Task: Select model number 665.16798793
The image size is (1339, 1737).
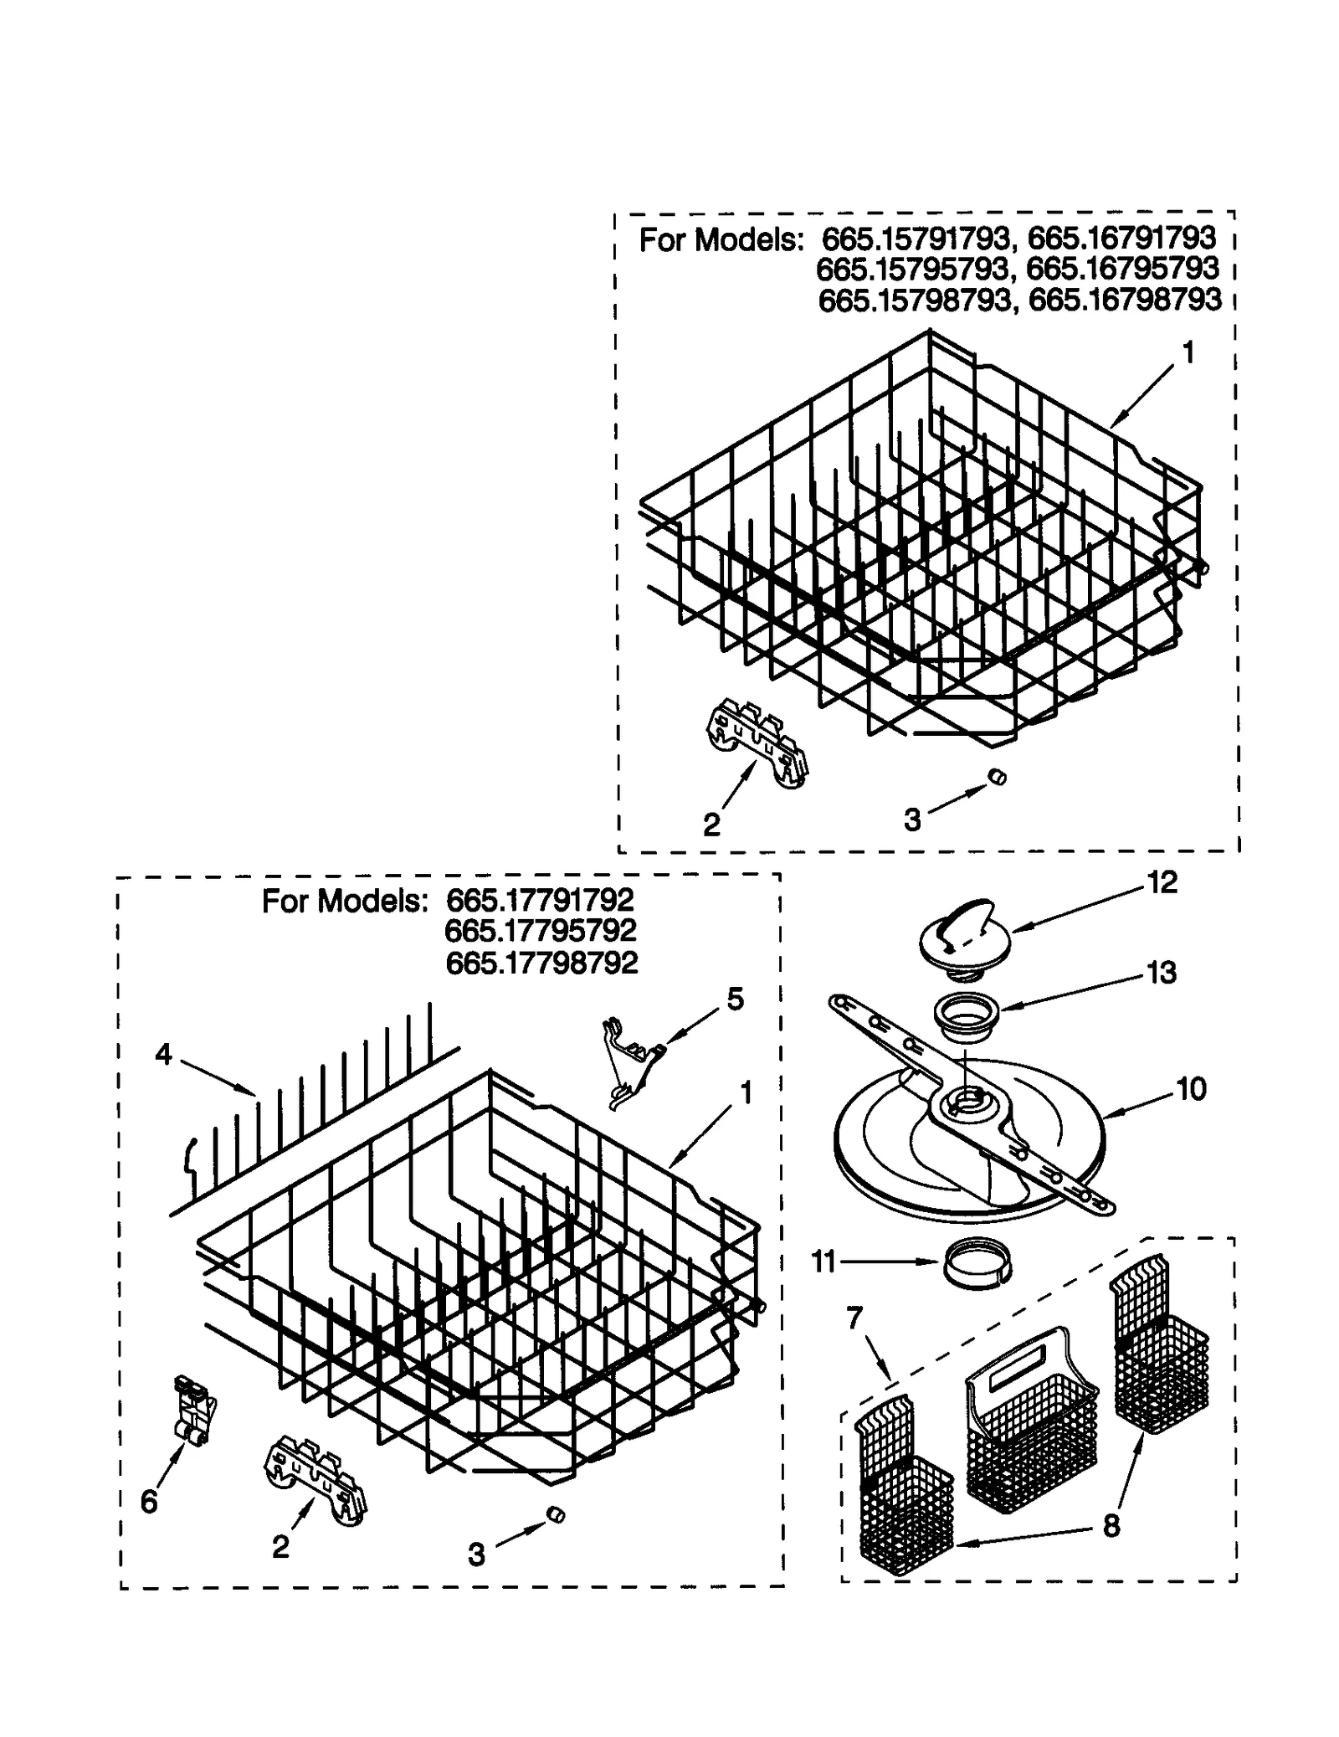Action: pyautogui.click(x=1124, y=300)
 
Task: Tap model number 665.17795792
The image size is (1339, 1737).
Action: pyautogui.click(x=540, y=930)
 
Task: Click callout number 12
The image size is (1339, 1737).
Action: pyautogui.click(x=1162, y=881)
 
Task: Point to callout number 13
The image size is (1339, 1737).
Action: pyautogui.click(x=1162, y=972)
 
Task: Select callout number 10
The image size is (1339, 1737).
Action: pyautogui.click(x=1191, y=1088)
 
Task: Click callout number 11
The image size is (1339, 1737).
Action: pyautogui.click(x=823, y=1261)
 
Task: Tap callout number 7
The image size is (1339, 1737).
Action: pyautogui.click(x=854, y=1318)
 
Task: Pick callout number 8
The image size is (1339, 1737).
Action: pyautogui.click(x=1111, y=1525)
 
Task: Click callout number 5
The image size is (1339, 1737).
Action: pyautogui.click(x=735, y=999)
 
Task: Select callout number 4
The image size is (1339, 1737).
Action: pyautogui.click(x=163, y=1055)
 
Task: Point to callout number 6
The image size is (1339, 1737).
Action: pyautogui.click(x=148, y=1503)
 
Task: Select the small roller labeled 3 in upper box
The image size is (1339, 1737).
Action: pyautogui.click(x=997, y=777)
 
